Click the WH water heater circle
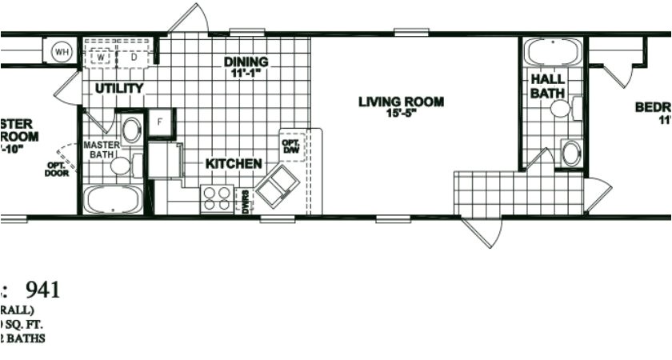pyautogui.click(x=62, y=53)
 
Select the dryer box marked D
pyautogui.click(x=133, y=58)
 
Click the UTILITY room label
pyautogui.click(x=119, y=88)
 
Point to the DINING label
pyautogui.click(x=246, y=62)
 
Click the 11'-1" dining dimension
pyautogui.click(x=246, y=73)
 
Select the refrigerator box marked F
pyautogui.click(x=159, y=122)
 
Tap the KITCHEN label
pyautogui.click(x=234, y=164)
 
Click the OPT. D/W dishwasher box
pyautogui.click(x=290, y=146)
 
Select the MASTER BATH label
pyautogui.click(x=102, y=150)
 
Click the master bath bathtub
pyautogui.click(x=113, y=199)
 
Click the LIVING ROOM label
pyautogui.click(x=401, y=102)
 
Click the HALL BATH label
pyautogui.click(x=547, y=86)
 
